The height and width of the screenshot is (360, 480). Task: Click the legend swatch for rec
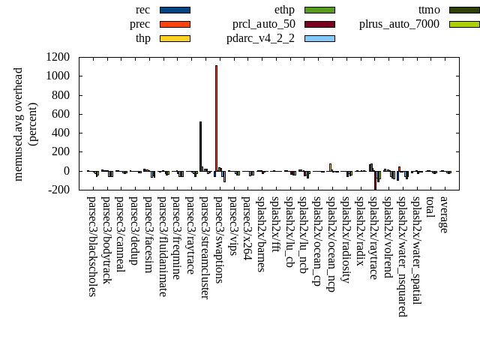click(x=175, y=10)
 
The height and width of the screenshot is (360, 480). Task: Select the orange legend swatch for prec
click(x=175, y=24)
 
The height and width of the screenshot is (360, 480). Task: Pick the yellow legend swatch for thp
click(x=175, y=38)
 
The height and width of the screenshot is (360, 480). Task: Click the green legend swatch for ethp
click(x=319, y=10)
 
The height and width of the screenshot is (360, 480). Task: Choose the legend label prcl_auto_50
click(x=263, y=24)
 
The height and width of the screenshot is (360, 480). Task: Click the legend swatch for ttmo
click(x=464, y=10)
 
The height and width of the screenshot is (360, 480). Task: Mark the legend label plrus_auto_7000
click(x=399, y=24)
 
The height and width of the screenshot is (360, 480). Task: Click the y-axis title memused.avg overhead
click(x=19, y=124)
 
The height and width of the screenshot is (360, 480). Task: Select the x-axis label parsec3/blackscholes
click(x=92, y=246)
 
